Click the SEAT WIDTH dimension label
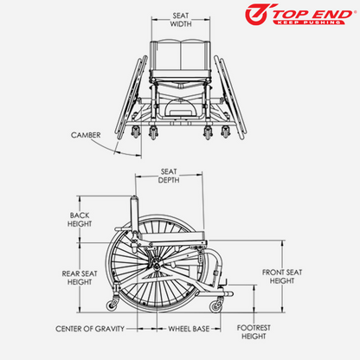point(181,20)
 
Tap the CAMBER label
point(86,135)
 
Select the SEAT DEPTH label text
point(169,176)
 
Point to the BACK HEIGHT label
point(80,220)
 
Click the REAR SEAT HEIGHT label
point(80,278)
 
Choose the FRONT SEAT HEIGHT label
point(282,276)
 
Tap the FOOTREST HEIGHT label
point(254,332)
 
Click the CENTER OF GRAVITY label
point(90,329)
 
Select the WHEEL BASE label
point(189,329)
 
